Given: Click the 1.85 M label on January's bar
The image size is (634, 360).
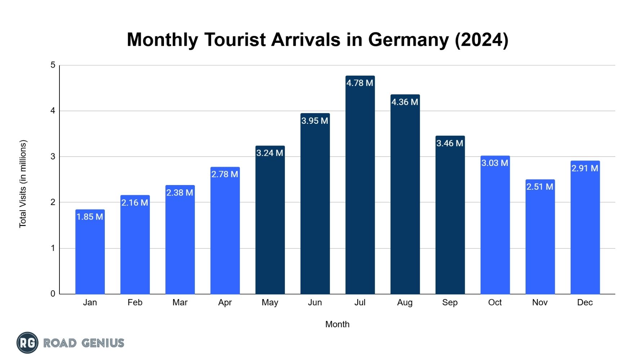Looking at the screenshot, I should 90,217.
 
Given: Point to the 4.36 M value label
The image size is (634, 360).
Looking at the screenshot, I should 405,102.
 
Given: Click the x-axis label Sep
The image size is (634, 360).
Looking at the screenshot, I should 450,302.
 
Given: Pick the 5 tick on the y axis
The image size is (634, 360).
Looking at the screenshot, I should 53,65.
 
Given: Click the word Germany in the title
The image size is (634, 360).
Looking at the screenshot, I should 408,40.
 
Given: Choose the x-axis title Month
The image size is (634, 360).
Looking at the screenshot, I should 337,324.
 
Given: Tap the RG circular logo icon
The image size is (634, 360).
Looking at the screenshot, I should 27,343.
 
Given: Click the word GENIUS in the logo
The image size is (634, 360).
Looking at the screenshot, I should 103,343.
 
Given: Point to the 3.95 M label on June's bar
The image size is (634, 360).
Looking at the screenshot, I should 314,121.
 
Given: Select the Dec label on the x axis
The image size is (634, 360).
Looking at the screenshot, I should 585,302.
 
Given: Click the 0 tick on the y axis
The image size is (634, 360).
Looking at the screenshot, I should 53,294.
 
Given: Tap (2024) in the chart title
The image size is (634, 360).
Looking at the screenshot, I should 481,40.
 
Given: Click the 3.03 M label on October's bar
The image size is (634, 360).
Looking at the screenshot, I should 495,163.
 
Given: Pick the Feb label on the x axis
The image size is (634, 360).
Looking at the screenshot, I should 135,302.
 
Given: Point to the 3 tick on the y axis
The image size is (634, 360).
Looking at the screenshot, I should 53,157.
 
